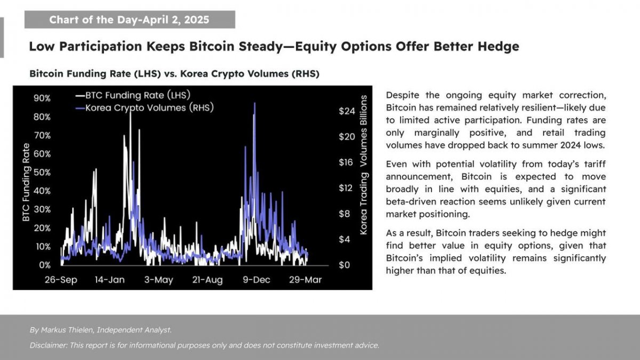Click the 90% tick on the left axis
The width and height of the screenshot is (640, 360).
pos(42,98)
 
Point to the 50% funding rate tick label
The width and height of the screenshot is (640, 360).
pos(42,173)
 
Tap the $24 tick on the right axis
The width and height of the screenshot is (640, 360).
pos(347,111)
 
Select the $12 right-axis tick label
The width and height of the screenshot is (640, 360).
pos(347,188)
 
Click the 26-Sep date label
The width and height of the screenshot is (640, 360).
pos(61,279)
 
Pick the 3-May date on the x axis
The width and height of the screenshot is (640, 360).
pos(158,279)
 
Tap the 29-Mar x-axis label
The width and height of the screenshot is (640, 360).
pos(306,279)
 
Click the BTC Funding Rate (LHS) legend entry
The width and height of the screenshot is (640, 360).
pos(133,95)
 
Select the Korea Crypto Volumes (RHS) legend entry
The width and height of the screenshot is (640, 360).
pos(145,108)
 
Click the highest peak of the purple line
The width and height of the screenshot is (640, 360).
pos(254,103)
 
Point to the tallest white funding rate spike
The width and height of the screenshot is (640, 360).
pos(130,111)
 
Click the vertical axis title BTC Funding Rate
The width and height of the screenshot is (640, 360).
pos(26,182)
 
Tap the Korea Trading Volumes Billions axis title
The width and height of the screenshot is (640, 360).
pos(363,165)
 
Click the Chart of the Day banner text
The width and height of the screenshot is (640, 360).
pos(129,20)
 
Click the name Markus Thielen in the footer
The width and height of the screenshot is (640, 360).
pos(67,330)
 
